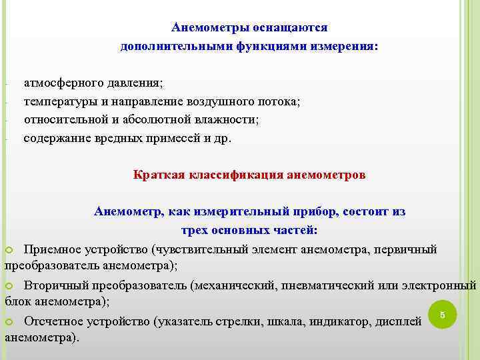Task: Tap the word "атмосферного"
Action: coord(59,83)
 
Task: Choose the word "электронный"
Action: coord(440,285)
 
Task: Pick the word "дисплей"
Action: coord(399,322)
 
